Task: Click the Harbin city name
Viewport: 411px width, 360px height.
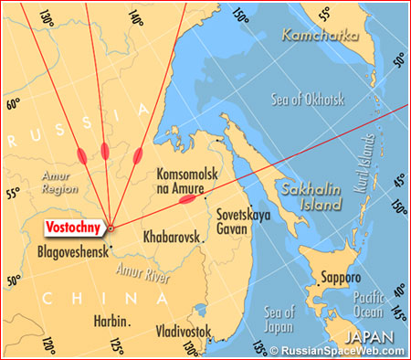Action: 111,321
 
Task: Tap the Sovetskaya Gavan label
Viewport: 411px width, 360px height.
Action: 239,224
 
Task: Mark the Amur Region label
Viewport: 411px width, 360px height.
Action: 61,183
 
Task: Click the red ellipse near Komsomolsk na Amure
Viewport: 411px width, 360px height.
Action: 187,198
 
